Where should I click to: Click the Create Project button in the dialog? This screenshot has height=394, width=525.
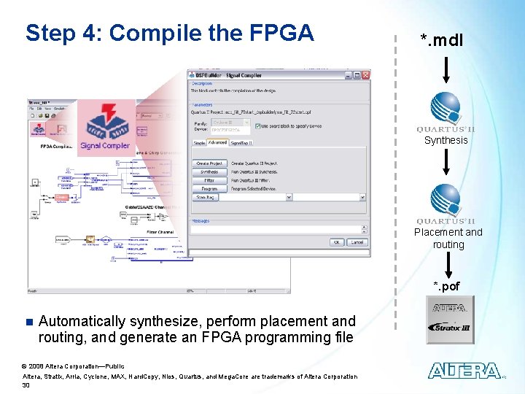209,163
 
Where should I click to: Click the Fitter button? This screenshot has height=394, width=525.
209,180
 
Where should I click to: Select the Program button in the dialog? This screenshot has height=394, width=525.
209,188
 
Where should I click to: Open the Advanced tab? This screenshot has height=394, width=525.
217,143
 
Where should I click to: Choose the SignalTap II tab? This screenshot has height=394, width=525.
241,143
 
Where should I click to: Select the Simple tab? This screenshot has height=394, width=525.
199,143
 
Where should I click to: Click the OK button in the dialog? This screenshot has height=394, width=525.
337,242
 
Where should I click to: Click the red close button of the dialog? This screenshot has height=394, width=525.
365,74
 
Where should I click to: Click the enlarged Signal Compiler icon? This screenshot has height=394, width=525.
106,124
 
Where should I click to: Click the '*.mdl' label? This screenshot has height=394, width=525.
441,41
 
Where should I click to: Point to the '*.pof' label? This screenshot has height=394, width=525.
447,285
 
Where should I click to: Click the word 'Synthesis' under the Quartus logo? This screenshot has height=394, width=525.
446,140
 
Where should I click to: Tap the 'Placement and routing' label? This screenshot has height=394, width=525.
448,239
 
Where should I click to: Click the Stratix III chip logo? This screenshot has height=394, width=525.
450,320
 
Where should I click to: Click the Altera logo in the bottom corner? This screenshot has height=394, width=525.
464,371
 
